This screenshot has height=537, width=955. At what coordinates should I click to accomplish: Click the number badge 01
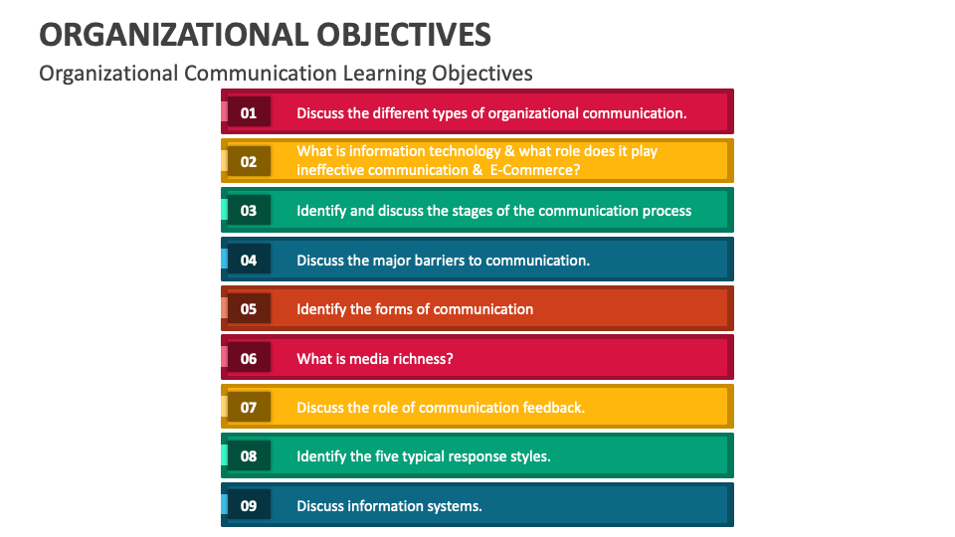point(249,112)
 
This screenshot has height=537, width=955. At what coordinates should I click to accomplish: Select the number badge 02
point(249,161)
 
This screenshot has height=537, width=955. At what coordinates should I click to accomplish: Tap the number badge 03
point(249,210)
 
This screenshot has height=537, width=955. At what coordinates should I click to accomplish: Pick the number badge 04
point(249,260)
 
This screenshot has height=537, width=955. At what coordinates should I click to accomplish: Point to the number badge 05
point(249,308)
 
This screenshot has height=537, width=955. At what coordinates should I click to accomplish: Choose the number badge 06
point(249,358)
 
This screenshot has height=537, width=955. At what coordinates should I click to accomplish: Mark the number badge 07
point(249,407)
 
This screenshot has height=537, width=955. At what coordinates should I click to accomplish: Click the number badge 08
point(249,456)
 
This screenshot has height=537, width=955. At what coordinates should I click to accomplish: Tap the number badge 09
point(249,505)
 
